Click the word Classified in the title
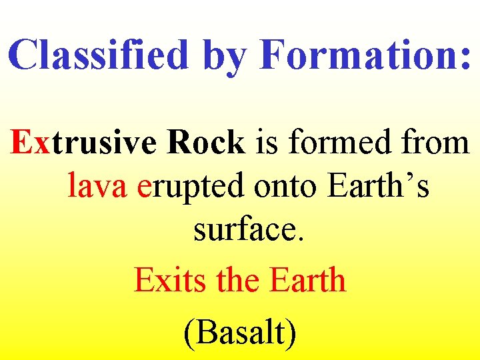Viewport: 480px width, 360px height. coord(99,55)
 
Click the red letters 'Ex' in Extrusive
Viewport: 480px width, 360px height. coord(30,142)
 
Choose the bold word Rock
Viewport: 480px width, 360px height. coord(207,142)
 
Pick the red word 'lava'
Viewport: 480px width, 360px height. coord(97,188)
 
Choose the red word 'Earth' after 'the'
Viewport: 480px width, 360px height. coord(307,280)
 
